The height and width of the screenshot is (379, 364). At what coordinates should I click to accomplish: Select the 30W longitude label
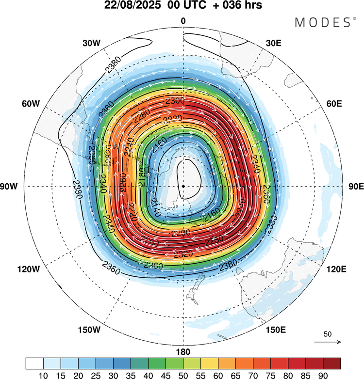[92, 43]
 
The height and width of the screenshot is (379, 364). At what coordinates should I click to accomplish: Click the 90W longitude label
[15, 187]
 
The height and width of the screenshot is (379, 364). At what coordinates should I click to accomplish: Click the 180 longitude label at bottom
[183, 352]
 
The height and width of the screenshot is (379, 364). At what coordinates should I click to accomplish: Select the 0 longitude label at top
[183, 21]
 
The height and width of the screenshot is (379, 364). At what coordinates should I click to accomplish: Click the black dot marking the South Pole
[183, 186]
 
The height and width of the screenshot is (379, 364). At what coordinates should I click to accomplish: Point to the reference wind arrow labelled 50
[328, 342]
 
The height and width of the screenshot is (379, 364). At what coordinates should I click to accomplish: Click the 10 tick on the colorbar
[43, 374]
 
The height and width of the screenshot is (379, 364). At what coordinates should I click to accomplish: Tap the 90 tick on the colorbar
[323, 374]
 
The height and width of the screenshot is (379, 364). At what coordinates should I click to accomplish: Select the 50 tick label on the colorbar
[183, 374]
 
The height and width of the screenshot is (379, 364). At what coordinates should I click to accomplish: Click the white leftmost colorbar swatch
[34, 363]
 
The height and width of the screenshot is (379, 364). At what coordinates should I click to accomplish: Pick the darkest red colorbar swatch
[331, 363]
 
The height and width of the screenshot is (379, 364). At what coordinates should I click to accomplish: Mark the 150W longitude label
[89, 330]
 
